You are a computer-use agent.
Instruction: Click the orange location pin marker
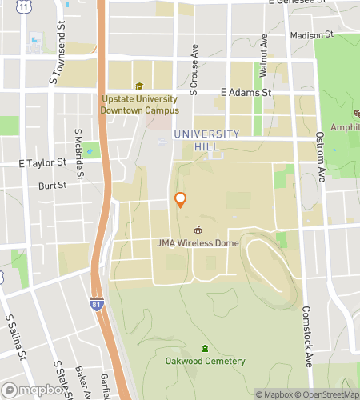click(x=181, y=200)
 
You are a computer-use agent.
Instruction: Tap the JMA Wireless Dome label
click(x=199, y=243)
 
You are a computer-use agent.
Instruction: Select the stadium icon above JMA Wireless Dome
click(x=199, y=230)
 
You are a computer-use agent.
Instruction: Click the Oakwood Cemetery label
click(x=205, y=361)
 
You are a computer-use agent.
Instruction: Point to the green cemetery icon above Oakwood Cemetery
click(x=205, y=348)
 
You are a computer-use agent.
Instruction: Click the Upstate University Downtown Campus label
click(x=141, y=105)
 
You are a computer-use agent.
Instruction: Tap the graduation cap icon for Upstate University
click(x=139, y=86)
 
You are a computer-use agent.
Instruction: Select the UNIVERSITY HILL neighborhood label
click(x=206, y=140)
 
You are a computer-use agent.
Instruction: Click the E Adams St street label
click(x=246, y=93)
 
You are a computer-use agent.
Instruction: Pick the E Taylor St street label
click(x=42, y=162)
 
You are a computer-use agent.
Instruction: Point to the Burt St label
click(x=52, y=186)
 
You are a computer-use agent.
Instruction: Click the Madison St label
click(x=311, y=36)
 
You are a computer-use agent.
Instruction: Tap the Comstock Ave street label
click(x=307, y=336)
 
